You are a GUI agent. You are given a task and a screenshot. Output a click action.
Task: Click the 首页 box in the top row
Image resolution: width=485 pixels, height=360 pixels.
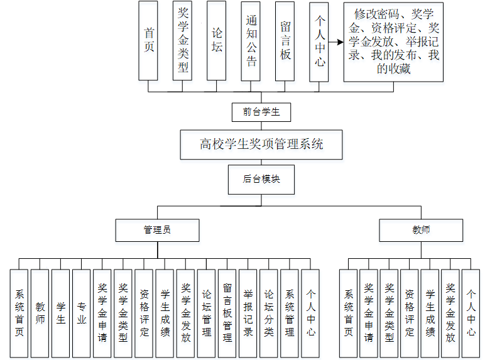click(148, 40)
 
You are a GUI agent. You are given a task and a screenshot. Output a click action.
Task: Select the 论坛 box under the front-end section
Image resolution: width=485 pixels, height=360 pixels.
click(217, 40)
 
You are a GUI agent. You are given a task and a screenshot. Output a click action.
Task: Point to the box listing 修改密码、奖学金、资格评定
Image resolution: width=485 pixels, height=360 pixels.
click(393, 42)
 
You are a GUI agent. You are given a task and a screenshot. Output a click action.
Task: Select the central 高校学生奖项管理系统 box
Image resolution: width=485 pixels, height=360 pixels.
click(261, 145)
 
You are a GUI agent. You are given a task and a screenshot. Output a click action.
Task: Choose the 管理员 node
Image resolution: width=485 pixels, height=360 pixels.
click(157, 230)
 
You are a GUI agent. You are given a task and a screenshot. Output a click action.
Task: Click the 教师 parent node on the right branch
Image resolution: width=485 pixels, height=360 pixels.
click(421, 230)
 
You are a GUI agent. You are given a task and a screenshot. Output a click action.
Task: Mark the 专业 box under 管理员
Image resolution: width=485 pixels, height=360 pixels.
click(82, 314)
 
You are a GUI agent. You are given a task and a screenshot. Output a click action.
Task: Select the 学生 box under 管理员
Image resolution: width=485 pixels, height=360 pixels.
click(61, 314)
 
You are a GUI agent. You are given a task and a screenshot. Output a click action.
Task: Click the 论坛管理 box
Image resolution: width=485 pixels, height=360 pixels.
click(206, 314)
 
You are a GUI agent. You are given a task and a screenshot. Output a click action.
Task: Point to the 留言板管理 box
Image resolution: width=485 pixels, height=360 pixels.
click(227, 314)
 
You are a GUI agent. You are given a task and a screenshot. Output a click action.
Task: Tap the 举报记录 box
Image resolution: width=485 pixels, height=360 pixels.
click(248, 314)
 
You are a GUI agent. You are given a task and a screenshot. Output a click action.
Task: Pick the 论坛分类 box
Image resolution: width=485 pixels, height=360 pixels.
click(268, 314)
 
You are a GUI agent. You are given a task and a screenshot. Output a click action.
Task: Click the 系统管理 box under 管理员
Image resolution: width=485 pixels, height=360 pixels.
click(290, 314)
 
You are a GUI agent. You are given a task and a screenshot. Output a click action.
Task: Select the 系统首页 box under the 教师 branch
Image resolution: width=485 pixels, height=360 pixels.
click(349, 314)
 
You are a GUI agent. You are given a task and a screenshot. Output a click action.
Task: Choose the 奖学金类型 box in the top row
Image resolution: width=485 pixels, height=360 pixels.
click(182, 40)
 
